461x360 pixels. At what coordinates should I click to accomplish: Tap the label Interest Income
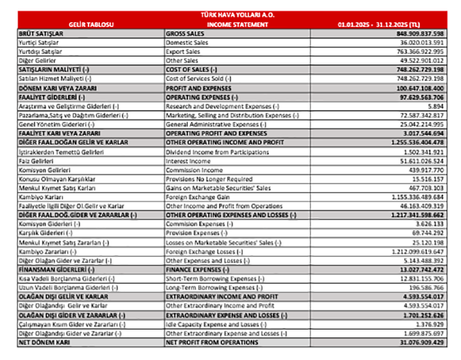click(x=188, y=162)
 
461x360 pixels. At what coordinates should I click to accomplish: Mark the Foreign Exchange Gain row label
click(x=196, y=197)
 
